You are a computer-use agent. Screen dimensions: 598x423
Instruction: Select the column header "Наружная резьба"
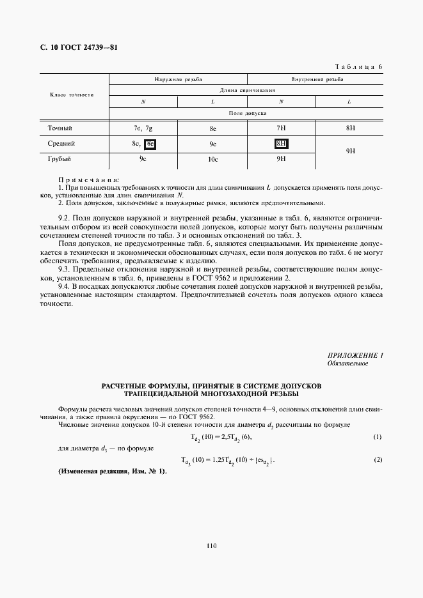[x=178, y=80]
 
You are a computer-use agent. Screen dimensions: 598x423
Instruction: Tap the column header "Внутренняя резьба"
[x=316, y=80]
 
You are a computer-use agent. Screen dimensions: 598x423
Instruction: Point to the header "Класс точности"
[x=72, y=95]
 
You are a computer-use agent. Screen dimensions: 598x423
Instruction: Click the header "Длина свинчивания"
[x=246, y=91]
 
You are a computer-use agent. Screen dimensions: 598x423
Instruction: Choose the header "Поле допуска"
[x=246, y=112]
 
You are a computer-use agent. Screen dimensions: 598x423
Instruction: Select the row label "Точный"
[x=60, y=128]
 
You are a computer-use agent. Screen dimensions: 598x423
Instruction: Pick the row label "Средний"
[x=61, y=144]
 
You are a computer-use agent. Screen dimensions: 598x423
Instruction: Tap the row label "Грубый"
[x=59, y=158]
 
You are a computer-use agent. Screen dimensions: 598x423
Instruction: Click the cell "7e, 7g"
[x=143, y=128]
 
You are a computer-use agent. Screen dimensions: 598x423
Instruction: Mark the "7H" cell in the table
[x=281, y=128]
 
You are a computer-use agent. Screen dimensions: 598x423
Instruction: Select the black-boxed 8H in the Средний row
[x=281, y=144]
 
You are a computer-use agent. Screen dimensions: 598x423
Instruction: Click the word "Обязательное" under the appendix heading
[x=347, y=364]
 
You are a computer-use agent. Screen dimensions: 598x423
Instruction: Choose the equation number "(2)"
[x=377, y=460]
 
